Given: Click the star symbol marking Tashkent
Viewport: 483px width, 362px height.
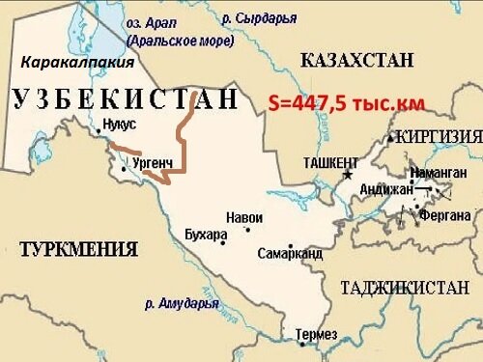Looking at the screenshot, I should pos(348,177).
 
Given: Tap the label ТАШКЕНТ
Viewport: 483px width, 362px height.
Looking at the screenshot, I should pos(330,162).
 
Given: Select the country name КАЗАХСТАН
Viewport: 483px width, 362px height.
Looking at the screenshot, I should pos(357,61).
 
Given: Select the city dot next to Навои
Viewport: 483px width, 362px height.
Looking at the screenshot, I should pos(247,229).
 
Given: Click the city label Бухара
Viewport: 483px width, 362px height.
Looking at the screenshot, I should pos(206,235).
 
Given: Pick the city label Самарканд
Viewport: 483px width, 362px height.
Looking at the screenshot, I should pos(290,254).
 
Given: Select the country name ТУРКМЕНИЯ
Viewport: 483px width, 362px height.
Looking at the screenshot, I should pos(77,249).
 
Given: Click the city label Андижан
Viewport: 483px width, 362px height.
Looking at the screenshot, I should pos(384,190).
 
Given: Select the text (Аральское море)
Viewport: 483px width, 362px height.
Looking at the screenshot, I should pos(180,42).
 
